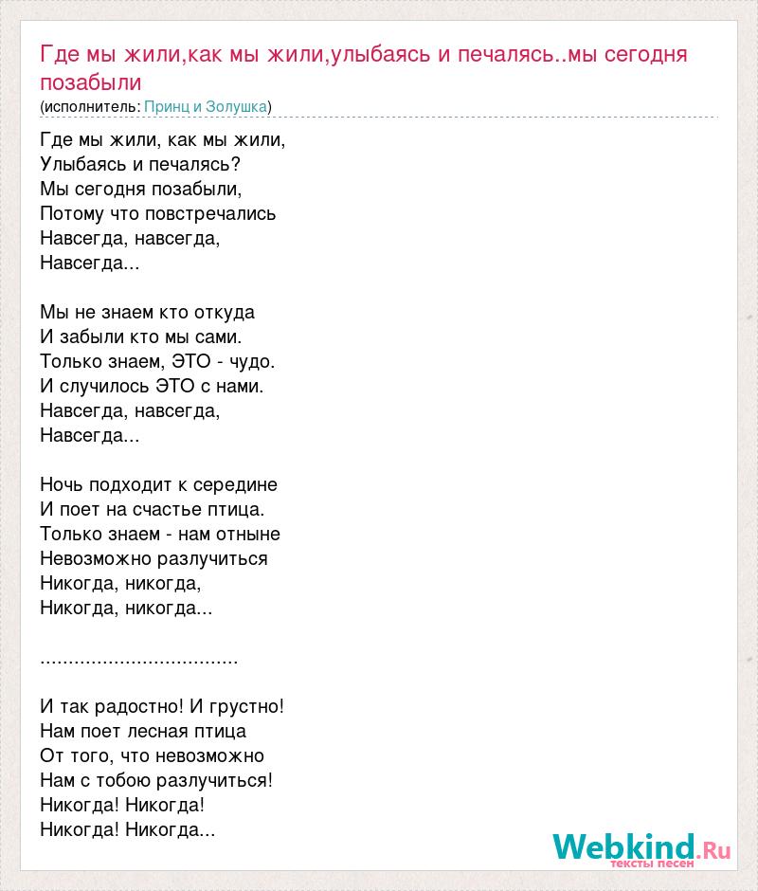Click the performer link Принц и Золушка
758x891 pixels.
206,106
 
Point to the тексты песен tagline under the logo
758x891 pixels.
653,864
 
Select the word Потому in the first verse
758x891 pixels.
70,213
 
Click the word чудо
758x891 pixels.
251,361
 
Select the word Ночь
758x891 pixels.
62,484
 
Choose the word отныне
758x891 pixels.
249,534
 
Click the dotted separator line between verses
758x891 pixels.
139,658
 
